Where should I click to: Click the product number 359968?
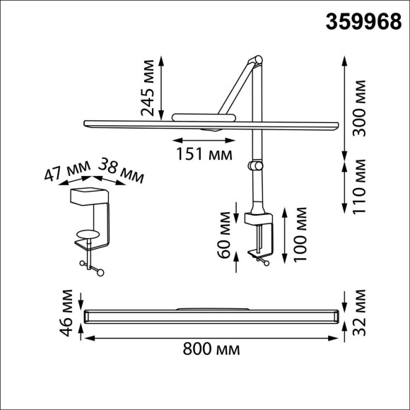[361, 22]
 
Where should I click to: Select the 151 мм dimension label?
[204, 153]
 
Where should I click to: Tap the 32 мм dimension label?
[362, 312]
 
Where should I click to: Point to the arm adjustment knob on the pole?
[255, 166]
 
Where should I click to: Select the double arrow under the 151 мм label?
[204, 139]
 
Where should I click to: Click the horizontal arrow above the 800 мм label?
[211, 337]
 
